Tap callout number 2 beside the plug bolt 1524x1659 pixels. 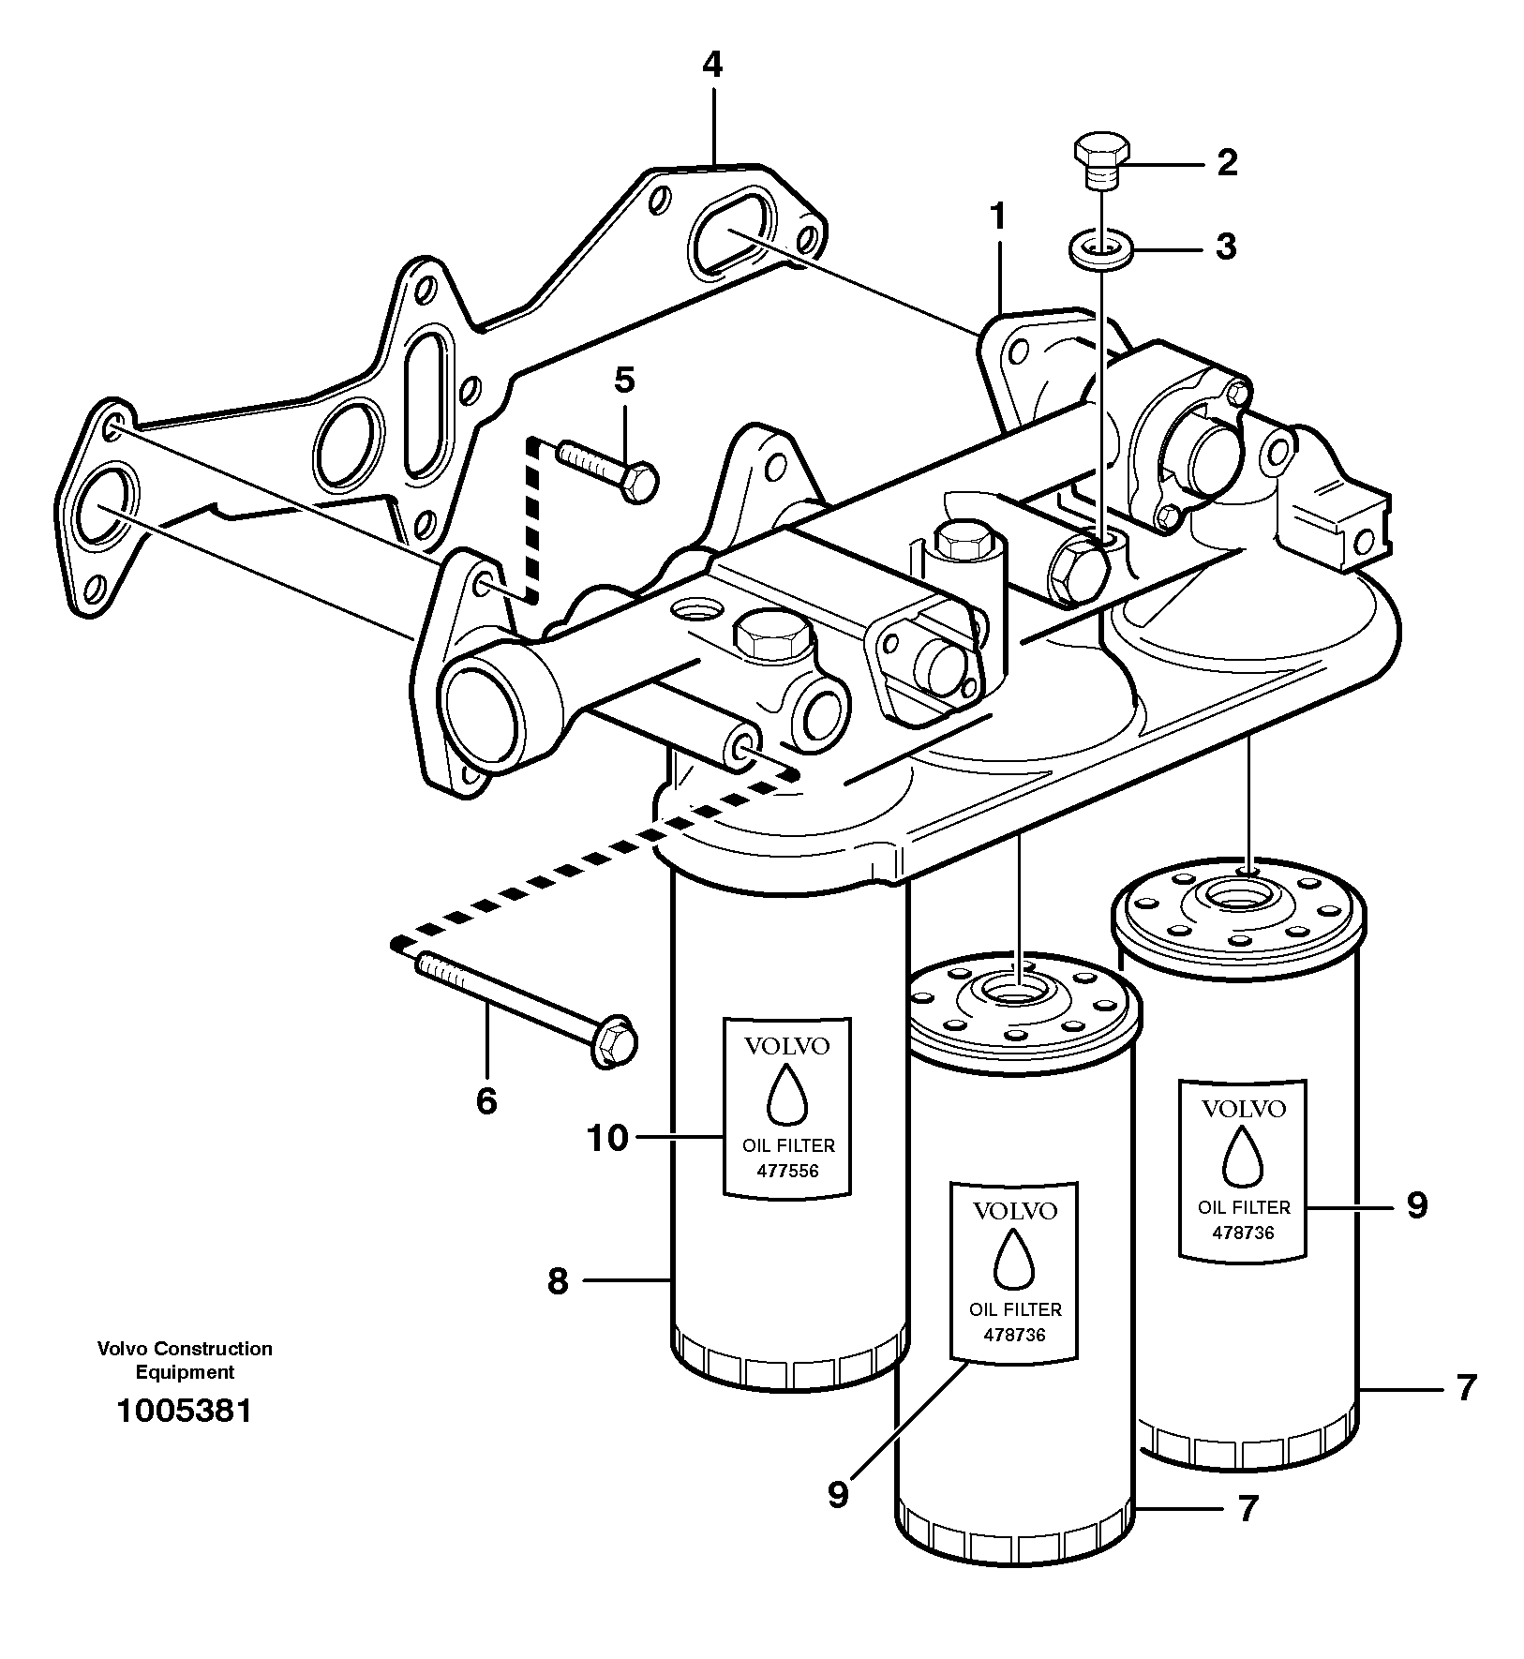[1227, 163]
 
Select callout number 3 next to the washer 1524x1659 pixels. [1226, 247]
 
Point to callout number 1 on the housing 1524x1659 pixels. [998, 218]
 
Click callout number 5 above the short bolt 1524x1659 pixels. [624, 380]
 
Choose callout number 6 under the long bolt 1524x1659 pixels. [486, 1100]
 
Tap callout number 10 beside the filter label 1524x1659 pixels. [606, 1138]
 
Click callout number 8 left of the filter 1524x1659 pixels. [558, 1280]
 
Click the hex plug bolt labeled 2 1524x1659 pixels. [1101, 158]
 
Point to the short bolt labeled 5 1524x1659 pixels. [607, 469]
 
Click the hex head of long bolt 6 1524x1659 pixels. [614, 1040]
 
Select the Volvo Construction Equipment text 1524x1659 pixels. [185, 1360]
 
